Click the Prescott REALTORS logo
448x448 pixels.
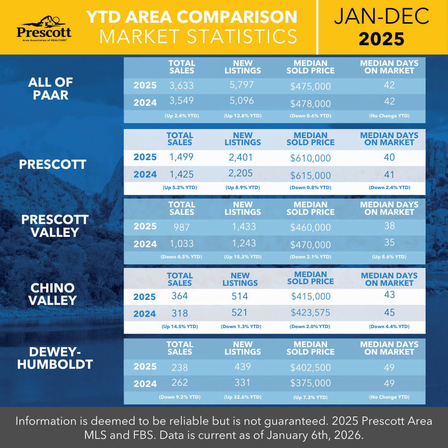44,28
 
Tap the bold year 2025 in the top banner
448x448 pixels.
381,39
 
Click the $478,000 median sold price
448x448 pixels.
310,103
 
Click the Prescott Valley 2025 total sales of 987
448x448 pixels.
181,227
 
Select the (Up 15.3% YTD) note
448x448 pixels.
243,257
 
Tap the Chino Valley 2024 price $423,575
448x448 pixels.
310,312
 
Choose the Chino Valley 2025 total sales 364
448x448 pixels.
180,296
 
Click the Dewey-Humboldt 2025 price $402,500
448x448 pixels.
310,368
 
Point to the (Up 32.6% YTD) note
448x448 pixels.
243,397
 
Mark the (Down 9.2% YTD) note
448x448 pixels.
180,397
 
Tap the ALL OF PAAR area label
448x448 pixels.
51,88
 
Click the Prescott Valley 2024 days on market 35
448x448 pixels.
389,242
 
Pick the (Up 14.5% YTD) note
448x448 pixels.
180,326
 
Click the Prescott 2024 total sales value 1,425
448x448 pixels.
181,174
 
